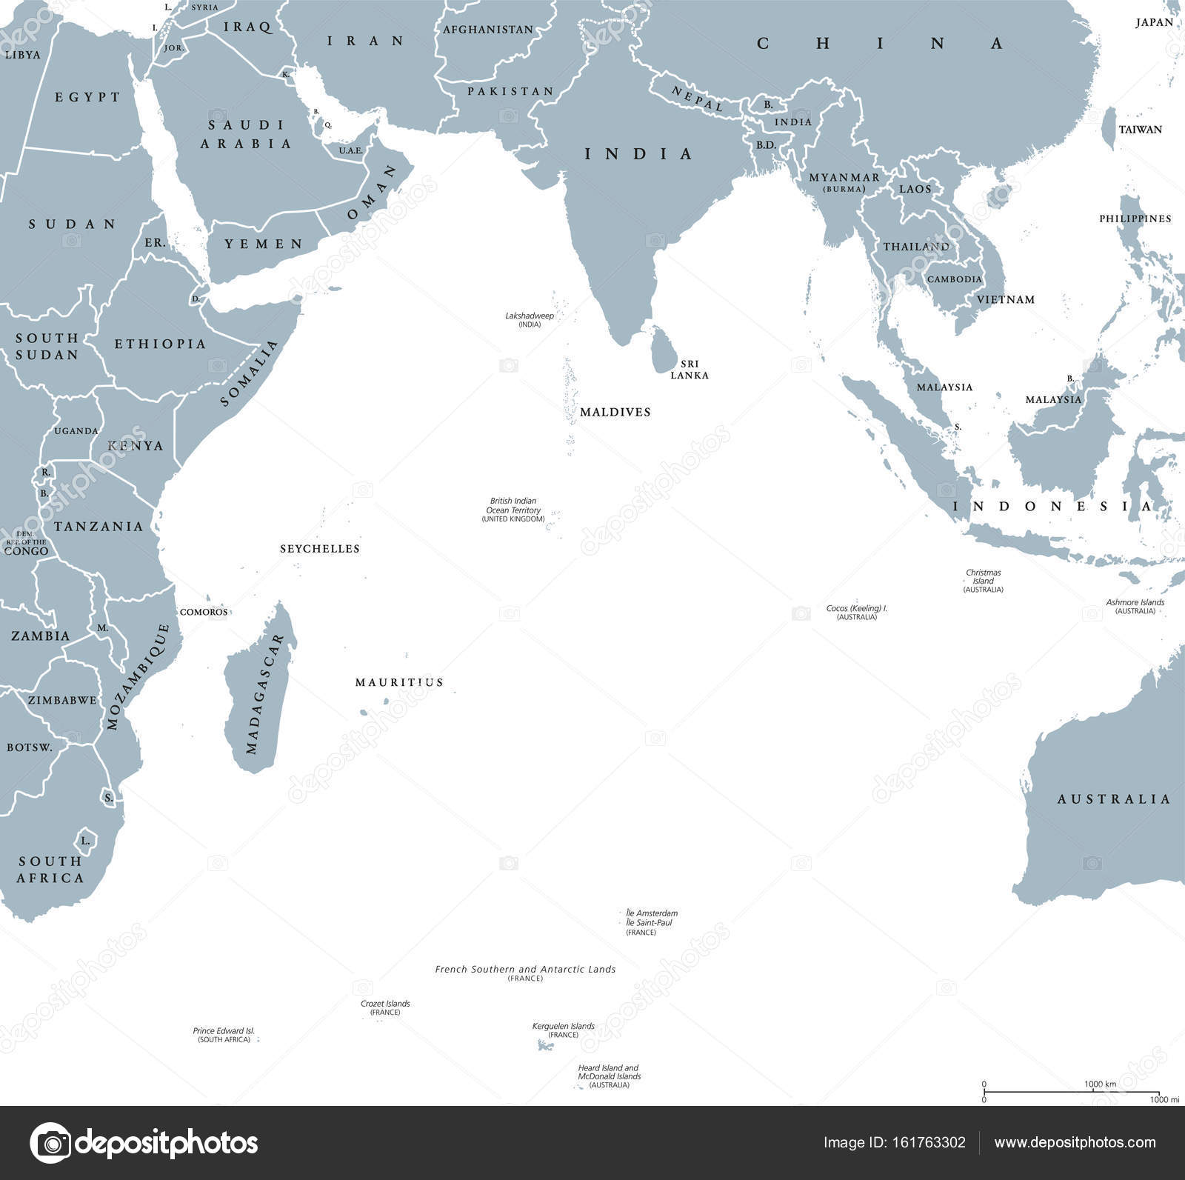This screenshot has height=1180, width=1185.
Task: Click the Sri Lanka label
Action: pyautogui.click(x=690, y=370)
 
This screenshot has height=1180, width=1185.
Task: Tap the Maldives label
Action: pyautogui.click(x=615, y=412)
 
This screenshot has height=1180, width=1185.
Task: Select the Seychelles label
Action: pyautogui.click(x=320, y=549)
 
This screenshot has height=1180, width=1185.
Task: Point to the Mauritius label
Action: pyautogui.click(x=399, y=682)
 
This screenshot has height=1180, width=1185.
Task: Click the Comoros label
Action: pyautogui.click(x=204, y=612)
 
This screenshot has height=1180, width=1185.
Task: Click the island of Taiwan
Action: pyautogui.click(x=1109, y=127)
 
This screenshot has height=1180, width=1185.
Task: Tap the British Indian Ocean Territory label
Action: pyautogui.click(x=513, y=510)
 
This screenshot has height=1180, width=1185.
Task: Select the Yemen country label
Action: pyautogui.click(x=264, y=244)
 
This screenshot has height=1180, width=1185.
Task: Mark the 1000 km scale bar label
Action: pyautogui.click(x=1100, y=1084)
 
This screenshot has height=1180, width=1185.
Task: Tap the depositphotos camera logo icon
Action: pyautogui.click(x=51, y=1144)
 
